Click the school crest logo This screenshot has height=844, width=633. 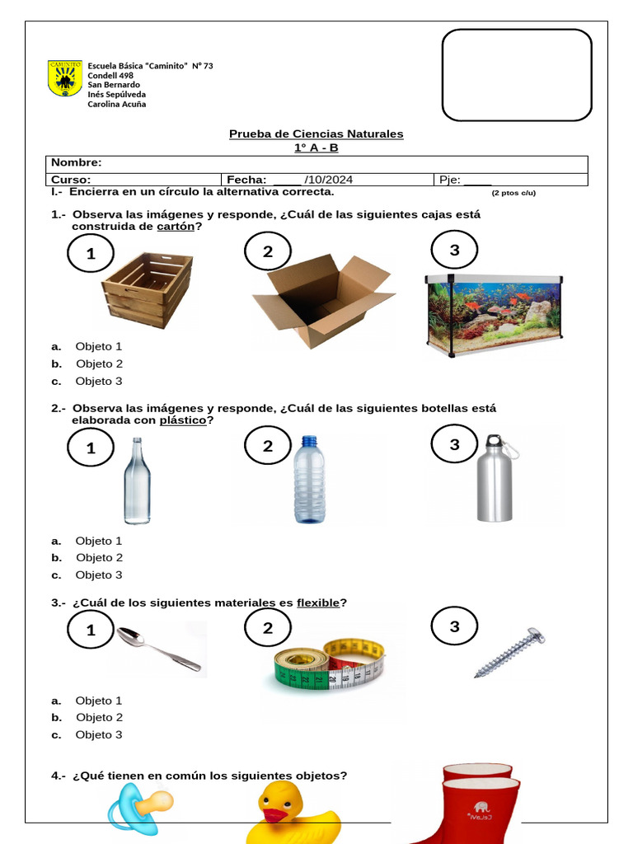click(x=65, y=78)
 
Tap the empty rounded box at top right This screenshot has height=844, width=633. click(x=517, y=75)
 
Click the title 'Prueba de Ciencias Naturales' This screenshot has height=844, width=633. click(x=316, y=134)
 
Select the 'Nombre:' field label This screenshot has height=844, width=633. click(x=77, y=163)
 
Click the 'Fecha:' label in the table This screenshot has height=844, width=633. click(x=246, y=180)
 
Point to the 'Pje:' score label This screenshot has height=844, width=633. click(x=448, y=180)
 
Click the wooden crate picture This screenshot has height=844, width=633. click(x=148, y=289)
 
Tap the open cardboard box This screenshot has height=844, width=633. click(x=322, y=298)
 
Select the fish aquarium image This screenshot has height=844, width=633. click(x=493, y=314)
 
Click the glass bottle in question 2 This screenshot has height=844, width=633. click(x=137, y=481)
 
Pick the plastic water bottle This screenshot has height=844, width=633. click(x=309, y=480)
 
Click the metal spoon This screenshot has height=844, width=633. click(x=157, y=648)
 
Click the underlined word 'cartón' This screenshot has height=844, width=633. click(x=176, y=227)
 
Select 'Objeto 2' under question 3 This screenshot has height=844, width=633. click(x=99, y=717)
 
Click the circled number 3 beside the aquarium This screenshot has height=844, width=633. click(x=454, y=251)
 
